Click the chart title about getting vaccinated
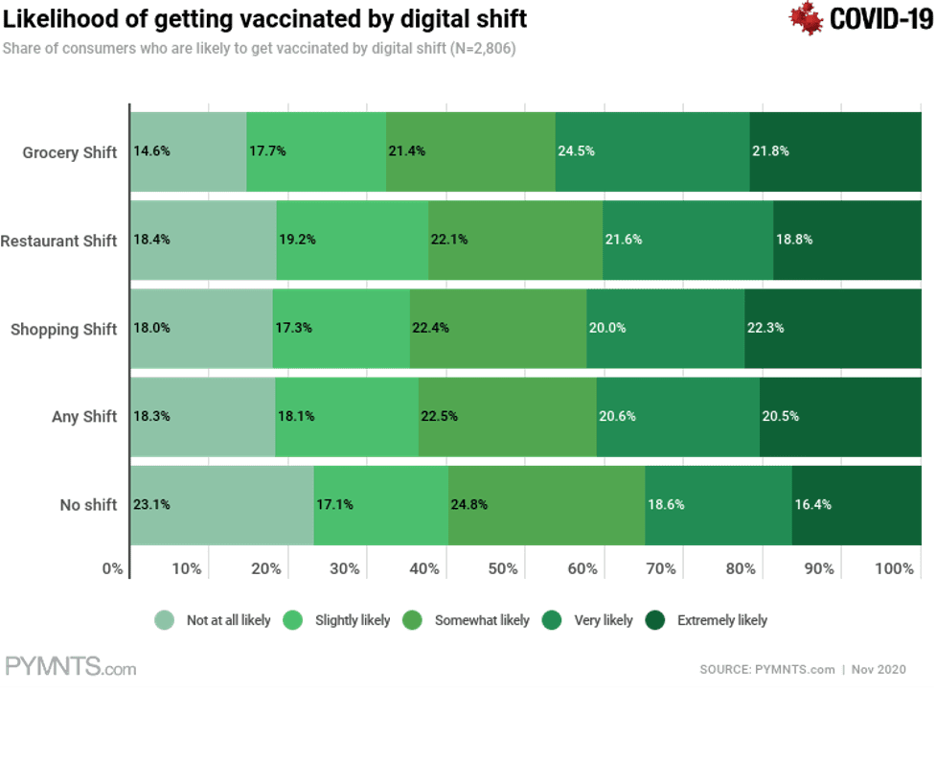coord(265,19)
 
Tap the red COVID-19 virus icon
coord(807,18)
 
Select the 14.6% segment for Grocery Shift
coord(188,151)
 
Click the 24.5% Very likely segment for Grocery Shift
coord(651,151)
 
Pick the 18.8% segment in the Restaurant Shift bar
coord(833,240)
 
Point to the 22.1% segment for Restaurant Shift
coord(515,240)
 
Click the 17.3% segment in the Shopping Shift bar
coord(341,328)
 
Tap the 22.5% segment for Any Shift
coord(508,416)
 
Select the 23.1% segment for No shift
coord(222,504)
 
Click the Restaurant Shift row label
coord(59,241)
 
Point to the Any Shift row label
coord(84,417)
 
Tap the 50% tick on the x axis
coord(502,568)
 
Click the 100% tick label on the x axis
coord(893,568)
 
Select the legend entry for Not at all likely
coord(214,620)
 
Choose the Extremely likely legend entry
coord(709,620)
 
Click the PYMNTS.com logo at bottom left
coord(71,667)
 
